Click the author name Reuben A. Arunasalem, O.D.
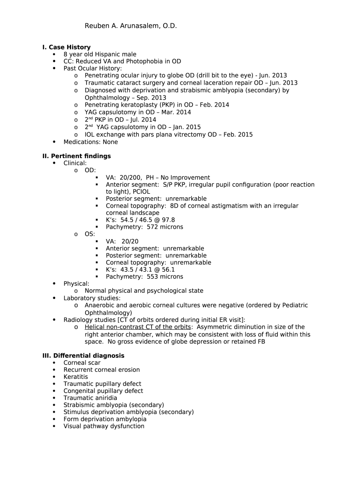[x=130, y=26]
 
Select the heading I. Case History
[x=66, y=47]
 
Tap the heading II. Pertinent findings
[x=77, y=156]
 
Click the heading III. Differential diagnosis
[x=83, y=356]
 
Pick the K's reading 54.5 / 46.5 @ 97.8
[x=148, y=220]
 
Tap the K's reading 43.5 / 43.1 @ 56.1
[x=148, y=269]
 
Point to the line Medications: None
[x=91, y=142]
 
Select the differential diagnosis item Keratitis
[x=76, y=377]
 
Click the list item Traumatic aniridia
[x=90, y=398]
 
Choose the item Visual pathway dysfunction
[x=104, y=426]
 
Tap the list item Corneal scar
[x=82, y=363]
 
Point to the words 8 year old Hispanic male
[x=100, y=54]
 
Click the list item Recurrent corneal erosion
[x=101, y=370]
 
